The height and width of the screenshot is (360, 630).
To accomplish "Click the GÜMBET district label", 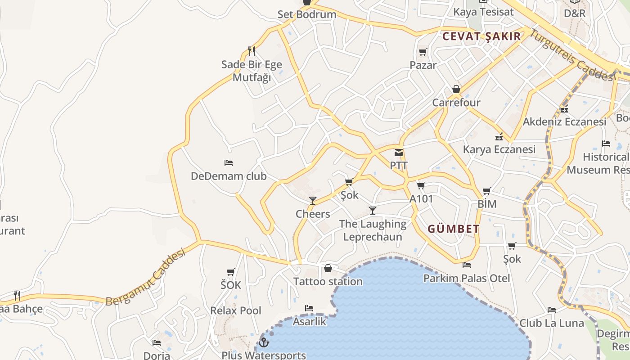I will [x=453, y=229].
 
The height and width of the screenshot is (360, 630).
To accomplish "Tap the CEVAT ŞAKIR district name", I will [x=481, y=36].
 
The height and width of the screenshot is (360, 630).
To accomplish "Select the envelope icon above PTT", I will [x=399, y=153].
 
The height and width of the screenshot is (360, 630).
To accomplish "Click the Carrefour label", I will [x=456, y=103].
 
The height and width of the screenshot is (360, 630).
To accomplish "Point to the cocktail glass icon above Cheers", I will [x=313, y=200].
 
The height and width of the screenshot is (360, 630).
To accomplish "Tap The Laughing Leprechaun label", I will [x=373, y=230].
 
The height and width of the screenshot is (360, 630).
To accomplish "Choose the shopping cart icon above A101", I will [x=421, y=185].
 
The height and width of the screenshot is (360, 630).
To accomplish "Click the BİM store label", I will [x=487, y=204].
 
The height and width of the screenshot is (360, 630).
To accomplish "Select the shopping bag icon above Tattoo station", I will [x=328, y=268].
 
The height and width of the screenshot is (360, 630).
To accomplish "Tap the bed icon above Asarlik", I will [x=309, y=308].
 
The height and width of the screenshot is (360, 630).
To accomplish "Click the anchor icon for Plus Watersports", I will [x=264, y=343].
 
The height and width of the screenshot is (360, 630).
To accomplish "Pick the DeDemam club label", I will [x=229, y=176].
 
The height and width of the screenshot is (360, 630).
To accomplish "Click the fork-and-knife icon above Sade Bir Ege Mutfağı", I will [x=252, y=51].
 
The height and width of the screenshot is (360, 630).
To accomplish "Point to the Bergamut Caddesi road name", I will [x=146, y=277].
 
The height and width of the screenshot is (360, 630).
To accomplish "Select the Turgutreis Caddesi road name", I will [x=571, y=55].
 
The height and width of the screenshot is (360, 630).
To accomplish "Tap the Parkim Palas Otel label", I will [x=467, y=278].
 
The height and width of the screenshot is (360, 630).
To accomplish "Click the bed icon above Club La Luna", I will [x=552, y=310].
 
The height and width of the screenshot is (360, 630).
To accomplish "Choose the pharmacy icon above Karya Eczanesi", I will [x=499, y=137].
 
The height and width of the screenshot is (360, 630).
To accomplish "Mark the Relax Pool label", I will [x=236, y=310].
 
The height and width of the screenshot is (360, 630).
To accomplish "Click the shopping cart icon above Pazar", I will [x=423, y=52].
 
